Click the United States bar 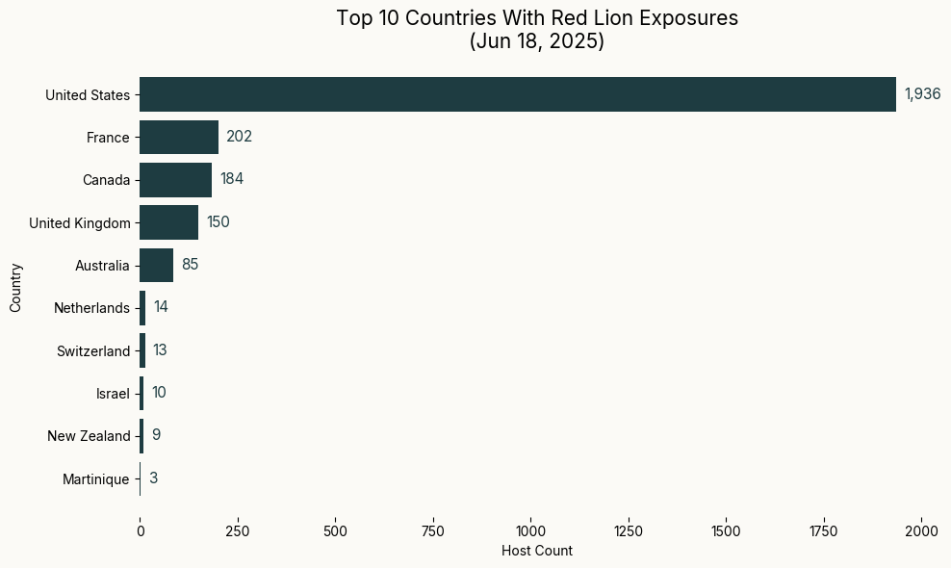coord(518,94)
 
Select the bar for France coord(179,137)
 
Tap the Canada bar coord(175,179)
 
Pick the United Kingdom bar coord(168,222)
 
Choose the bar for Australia coord(156,265)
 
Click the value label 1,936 coord(922,94)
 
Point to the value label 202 coord(239,137)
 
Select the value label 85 coord(190,265)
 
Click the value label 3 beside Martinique coord(153,478)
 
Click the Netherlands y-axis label coord(91,308)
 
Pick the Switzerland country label coord(93,351)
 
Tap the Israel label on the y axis coord(113,394)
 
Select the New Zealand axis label coord(89,436)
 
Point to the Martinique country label coord(95,479)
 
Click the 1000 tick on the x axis coord(530,530)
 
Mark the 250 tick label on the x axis coord(238,530)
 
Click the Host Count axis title coord(537,551)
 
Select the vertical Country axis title coord(15,286)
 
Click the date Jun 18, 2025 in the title coord(537,42)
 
